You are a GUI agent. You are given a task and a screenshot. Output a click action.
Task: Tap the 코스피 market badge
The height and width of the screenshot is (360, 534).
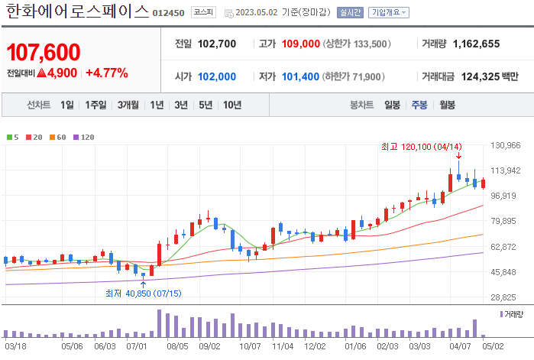click(203, 12)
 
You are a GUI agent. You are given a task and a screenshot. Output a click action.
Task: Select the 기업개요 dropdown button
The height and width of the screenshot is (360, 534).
click(389, 12)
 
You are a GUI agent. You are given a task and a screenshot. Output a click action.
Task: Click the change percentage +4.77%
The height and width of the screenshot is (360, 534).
click(107, 73)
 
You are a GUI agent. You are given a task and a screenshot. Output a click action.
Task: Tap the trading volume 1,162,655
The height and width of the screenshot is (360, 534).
click(476, 44)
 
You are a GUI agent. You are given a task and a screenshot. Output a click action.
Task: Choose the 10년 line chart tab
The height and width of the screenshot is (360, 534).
click(232, 105)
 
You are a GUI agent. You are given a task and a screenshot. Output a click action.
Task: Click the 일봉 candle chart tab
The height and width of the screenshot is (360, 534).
click(393, 105)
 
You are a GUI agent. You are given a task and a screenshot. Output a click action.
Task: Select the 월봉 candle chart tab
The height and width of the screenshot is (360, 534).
click(447, 105)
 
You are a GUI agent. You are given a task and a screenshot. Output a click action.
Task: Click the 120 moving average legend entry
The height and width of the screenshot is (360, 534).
click(84, 138)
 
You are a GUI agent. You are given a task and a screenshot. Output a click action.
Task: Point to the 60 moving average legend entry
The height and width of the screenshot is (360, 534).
click(58, 138)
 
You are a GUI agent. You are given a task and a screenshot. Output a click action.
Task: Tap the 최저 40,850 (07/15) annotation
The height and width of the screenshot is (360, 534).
click(143, 292)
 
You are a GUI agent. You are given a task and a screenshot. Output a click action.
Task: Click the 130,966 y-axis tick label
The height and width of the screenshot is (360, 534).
click(505, 145)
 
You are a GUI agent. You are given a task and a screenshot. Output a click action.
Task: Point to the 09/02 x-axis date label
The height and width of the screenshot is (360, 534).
click(209, 345)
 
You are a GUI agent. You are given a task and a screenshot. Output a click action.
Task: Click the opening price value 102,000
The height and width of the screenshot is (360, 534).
click(217, 76)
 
